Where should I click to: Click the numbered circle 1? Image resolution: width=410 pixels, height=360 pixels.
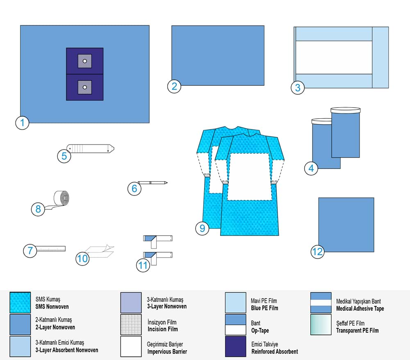click(x=22, y=122)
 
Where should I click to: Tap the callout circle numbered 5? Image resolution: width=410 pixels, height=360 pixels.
click(x=64, y=156)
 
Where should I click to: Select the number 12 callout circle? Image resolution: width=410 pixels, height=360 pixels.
click(x=317, y=251)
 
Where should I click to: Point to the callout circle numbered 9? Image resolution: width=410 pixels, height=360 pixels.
click(x=202, y=228)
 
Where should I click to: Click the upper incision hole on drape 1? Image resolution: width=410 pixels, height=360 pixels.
click(x=84, y=61)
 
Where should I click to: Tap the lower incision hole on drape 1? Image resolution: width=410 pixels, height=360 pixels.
click(x=84, y=87)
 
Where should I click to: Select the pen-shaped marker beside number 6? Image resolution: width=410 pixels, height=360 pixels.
click(x=153, y=182)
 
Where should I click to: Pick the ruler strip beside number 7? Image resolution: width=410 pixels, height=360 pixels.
click(x=50, y=249)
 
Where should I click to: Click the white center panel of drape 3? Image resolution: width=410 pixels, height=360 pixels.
click(x=333, y=57)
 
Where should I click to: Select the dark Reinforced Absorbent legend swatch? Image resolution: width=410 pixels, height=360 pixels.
click(x=236, y=346)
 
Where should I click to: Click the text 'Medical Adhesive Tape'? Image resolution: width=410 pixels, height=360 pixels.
click(x=360, y=308)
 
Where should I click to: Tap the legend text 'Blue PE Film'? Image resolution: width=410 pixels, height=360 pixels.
click(x=264, y=308)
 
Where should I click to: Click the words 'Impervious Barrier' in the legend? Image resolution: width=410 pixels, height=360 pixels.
click(x=167, y=352)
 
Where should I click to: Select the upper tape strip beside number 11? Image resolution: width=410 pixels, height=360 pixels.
click(x=158, y=239)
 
